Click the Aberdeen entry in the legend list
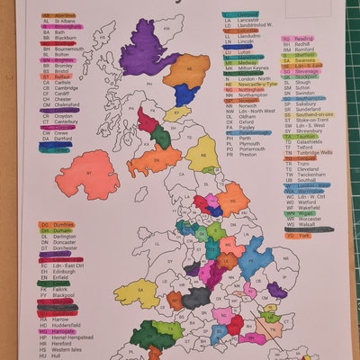[59, 16]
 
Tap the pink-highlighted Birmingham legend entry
[62, 28]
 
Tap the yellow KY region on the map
[176, 114]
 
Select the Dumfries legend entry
[56, 224]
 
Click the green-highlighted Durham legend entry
[56, 230]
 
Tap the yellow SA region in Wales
[144, 335]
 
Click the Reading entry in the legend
[302, 39]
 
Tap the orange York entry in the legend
[298, 235]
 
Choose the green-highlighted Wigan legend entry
[302, 211]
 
